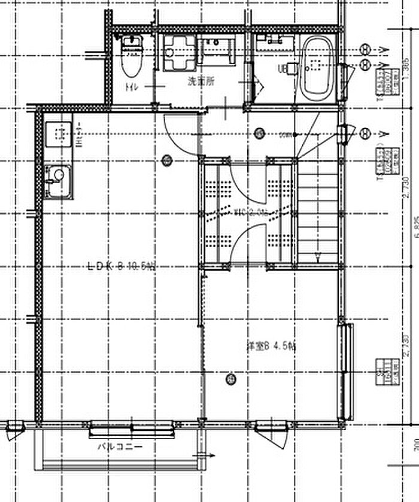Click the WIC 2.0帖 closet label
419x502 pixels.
pos(248,211)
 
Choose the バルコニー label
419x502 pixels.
pos(120,446)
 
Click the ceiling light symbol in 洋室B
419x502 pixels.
pos(230,379)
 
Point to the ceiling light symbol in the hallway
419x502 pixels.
pos(259,133)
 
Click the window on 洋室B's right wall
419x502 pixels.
pos(345,371)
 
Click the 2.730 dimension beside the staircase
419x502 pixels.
pos(406,191)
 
